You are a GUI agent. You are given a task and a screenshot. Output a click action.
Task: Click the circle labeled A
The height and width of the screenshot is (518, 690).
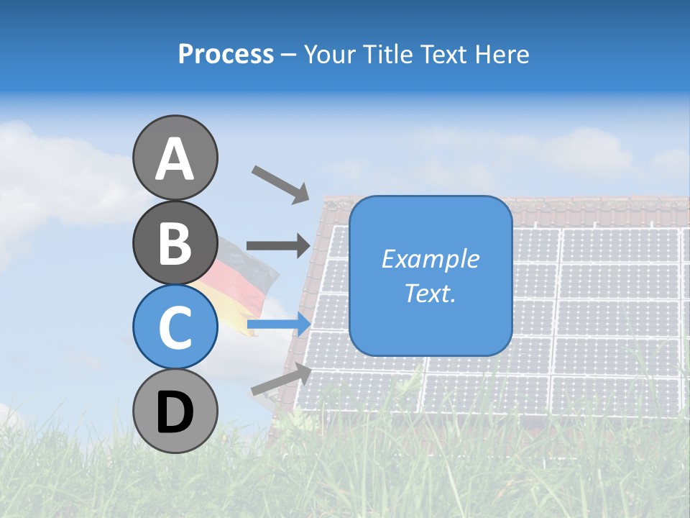175,158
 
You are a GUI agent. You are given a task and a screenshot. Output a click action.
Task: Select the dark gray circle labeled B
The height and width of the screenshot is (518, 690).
175,242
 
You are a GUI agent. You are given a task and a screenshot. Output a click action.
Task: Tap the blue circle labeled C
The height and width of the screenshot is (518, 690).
175,327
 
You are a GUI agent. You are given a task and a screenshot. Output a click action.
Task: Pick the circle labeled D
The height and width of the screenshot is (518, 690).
175,411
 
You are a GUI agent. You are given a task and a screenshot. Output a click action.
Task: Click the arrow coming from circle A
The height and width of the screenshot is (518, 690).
281,185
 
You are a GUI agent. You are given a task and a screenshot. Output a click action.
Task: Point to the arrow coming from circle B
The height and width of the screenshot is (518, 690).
278,245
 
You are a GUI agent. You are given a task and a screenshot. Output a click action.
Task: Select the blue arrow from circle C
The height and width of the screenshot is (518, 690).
279,324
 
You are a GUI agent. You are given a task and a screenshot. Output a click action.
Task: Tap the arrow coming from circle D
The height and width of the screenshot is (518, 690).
281,378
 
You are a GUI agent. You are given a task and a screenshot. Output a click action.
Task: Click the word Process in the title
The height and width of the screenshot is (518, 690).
226,54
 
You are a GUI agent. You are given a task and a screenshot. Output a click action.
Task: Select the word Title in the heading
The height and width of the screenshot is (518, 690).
387,54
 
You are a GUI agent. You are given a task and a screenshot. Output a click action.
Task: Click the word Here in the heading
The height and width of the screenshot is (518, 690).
502,54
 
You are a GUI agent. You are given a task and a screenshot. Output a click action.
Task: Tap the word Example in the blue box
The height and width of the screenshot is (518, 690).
431,259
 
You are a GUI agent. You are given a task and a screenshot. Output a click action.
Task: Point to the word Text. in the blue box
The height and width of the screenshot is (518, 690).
430,294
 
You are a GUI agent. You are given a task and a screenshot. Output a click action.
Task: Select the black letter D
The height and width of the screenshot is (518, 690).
175,412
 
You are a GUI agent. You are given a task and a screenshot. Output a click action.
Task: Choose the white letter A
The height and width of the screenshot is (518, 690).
175,158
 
